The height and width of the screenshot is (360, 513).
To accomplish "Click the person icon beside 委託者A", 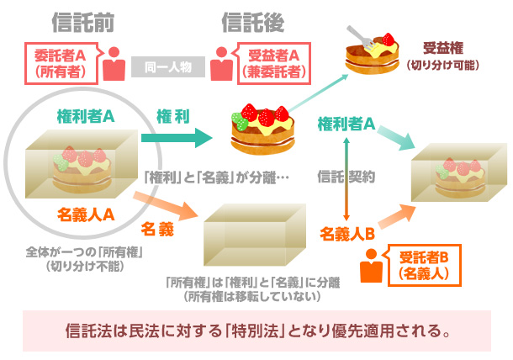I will tap(115, 62).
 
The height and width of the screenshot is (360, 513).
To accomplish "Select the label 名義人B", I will tap(346, 234).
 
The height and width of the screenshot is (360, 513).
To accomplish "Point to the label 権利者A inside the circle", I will tap(86, 115).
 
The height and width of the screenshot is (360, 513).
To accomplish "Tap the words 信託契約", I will tap(345, 177).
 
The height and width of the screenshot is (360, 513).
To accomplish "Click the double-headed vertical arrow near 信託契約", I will tap(346, 177).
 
